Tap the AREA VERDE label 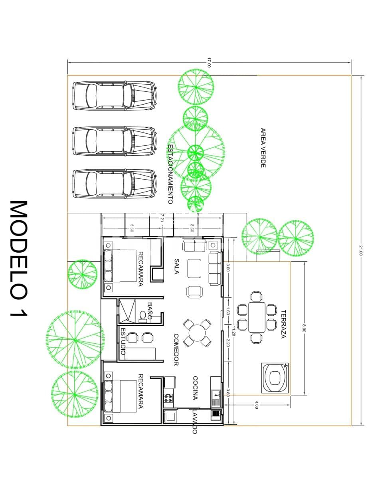coord(263,148)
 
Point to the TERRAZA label coord(283,324)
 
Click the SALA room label coord(176,267)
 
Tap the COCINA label coord(195,388)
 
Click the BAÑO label coord(150,311)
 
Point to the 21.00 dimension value coord(361,251)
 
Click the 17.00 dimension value coord(209,63)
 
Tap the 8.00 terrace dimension coord(304,328)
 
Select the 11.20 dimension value coord(233,331)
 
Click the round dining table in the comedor coord(198,333)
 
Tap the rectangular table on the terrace coord(257,317)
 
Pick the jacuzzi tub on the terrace coord(275,377)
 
